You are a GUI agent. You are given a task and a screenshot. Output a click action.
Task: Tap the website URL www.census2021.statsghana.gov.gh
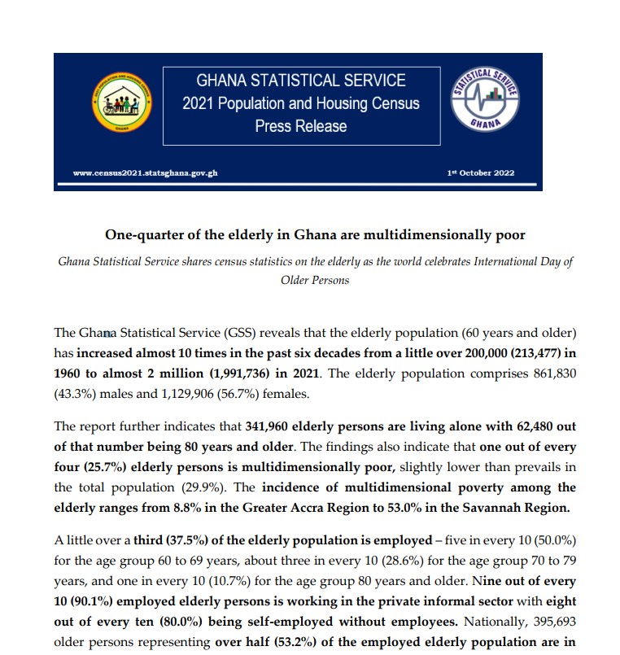(145, 173)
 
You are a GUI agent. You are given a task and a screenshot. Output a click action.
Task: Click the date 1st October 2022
(481, 173)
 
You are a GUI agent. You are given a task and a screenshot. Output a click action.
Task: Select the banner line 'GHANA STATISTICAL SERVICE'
(300, 81)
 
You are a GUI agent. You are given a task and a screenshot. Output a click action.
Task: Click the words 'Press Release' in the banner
(300, 126)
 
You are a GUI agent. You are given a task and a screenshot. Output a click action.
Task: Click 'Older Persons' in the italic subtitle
(313, 280)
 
